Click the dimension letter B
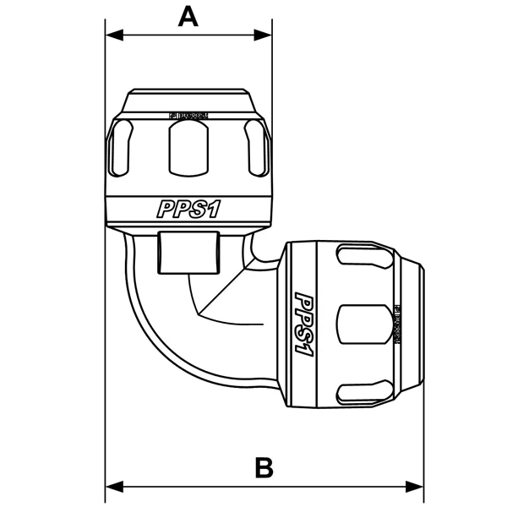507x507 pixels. (x=264, y=467)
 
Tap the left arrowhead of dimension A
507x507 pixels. (x=112, y=35)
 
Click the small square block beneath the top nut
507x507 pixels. (x=188, y=251)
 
